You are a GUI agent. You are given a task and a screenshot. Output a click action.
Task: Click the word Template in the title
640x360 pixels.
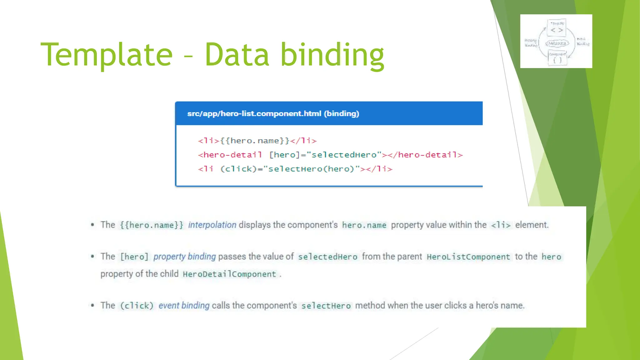click(107, 55)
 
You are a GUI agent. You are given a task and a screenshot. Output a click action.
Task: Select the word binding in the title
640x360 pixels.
click(332, 55)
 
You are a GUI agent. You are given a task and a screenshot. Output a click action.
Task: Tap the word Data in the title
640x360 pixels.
click(237, 55)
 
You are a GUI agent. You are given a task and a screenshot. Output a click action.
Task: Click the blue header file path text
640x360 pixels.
click(273, 113)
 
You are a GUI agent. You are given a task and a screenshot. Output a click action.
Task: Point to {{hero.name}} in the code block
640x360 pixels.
click(255, 141)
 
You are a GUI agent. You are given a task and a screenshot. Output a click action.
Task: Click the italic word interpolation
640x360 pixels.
click(212, 225)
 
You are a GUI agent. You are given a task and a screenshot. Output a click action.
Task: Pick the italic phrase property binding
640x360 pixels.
click(184, 257)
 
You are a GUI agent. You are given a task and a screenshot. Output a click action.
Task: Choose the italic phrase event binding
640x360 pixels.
click(184, 305)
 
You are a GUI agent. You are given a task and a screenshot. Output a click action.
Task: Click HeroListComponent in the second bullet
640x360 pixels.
click(468, 257)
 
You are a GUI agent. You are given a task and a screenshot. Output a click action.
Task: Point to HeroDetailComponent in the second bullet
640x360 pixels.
click(229, 274)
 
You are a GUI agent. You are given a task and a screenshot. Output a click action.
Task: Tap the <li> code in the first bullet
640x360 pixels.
click(501, 225)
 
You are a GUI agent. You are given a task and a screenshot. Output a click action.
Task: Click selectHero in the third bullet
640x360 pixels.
click(326, 306)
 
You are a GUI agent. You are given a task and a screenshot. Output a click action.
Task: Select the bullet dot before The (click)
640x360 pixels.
click(92, 305)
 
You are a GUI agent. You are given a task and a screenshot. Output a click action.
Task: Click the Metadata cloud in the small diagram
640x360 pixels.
click(557, 44)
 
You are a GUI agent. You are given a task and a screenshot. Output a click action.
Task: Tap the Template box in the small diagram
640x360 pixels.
click(557, 27)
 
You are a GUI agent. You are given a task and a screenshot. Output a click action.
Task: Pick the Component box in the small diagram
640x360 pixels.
click(557, 58)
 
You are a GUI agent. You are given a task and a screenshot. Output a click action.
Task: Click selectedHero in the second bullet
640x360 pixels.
click(327, 257)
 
